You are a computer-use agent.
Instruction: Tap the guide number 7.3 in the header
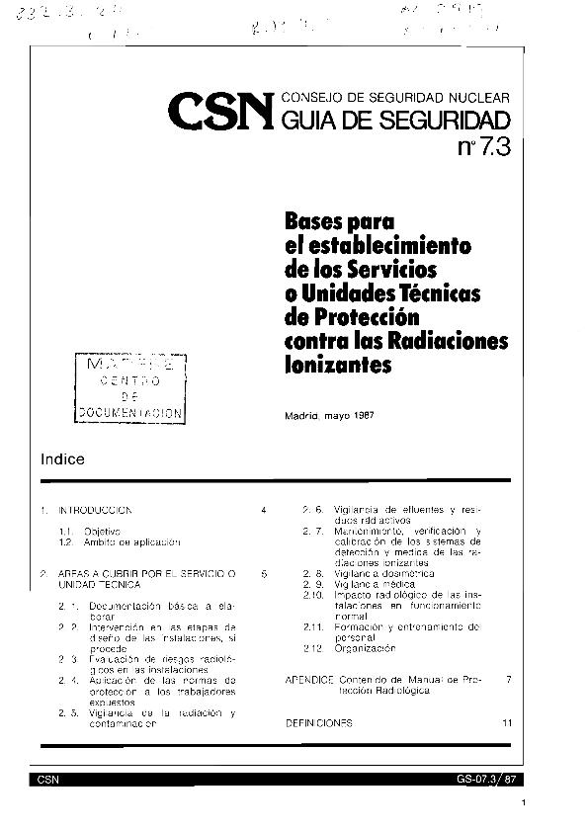click(483, 149)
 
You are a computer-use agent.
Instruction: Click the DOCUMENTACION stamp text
click(130, 413)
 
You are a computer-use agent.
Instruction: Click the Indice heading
click(63, 459)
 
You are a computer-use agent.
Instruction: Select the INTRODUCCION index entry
click(95, 510)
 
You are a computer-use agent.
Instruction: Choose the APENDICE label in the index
click(307, 681)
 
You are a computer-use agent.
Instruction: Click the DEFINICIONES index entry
click(318, 723)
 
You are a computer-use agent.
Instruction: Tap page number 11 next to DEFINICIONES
click(507, 723)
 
